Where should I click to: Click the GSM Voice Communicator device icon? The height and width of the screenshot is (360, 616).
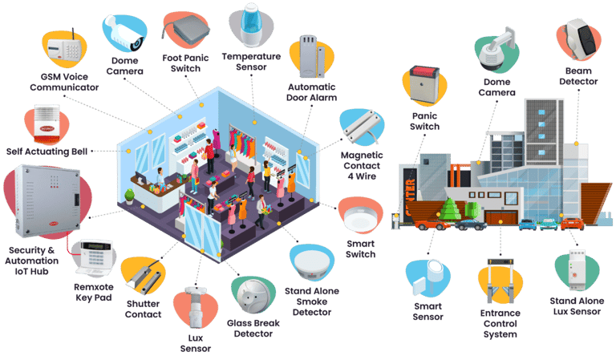click(x=64, y=48)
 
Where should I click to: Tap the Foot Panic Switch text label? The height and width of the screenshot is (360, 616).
click(x=185, y=63)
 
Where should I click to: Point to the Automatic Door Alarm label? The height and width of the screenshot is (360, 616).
click(x=311, y=92)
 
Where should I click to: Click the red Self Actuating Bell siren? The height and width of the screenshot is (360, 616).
click(x=47, y=124)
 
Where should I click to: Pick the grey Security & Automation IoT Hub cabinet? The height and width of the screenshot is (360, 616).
click(x=47, y=201)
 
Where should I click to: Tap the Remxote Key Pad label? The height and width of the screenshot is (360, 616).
click(x=94, y=293)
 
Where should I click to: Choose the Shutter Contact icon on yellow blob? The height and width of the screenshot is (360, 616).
click(x=144, y=276)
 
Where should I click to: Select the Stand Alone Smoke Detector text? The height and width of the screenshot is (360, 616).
click(x=312, y=301)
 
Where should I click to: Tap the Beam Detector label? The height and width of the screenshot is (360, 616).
click(x=578, y=76)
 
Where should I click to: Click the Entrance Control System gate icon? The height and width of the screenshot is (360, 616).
click(x=500, y=281)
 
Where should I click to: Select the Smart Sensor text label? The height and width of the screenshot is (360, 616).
click(x=428, y=312)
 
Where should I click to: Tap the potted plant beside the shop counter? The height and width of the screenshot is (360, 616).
click(x=129, y=196)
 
